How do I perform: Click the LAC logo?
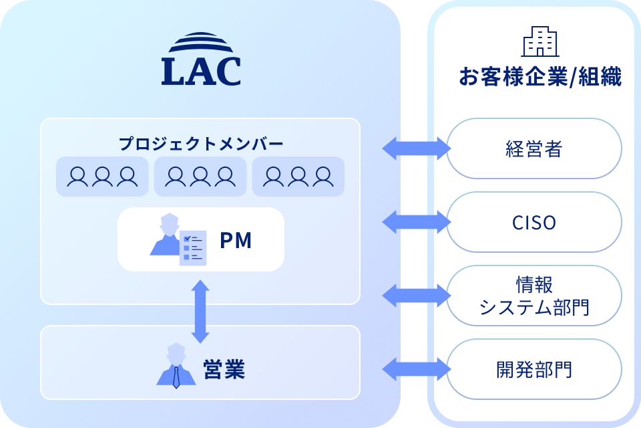(200, 61)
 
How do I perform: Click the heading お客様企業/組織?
(540, 78)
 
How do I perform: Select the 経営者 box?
(534, 148)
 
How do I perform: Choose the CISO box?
(534, 222)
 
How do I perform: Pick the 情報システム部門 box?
(534, 296)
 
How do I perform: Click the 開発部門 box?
(534, 369)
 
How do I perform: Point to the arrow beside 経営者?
(416, 148)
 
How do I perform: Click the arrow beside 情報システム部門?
(416, 296)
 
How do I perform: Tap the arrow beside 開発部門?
(416, 369)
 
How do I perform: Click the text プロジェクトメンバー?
(200, 144)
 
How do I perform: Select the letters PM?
(236, 241)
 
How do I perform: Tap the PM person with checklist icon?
(178, 239)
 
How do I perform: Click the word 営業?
(224, 369)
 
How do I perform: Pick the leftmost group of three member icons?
(102, 177)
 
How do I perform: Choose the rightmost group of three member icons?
(298, 177)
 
